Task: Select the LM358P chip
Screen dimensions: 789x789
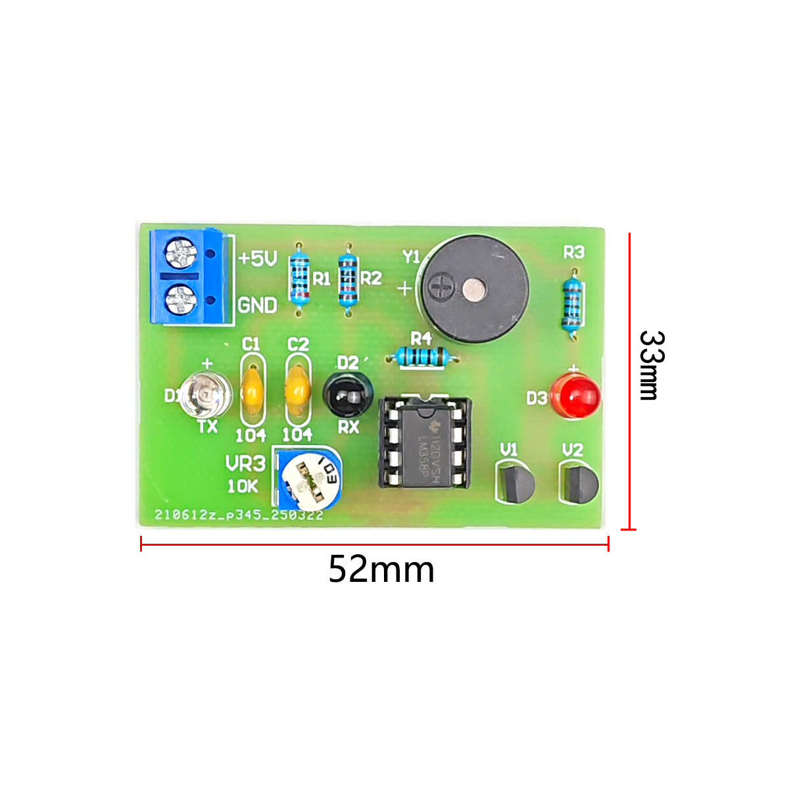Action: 424,442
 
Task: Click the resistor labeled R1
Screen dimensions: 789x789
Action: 300,278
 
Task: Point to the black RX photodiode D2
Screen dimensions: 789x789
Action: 348,396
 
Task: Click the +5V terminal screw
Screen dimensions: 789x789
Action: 181,253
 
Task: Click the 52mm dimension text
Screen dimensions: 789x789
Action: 381,569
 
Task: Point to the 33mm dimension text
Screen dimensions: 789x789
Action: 652,366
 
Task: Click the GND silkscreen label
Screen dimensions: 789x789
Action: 257,305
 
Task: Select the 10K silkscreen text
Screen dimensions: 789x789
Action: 243,487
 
